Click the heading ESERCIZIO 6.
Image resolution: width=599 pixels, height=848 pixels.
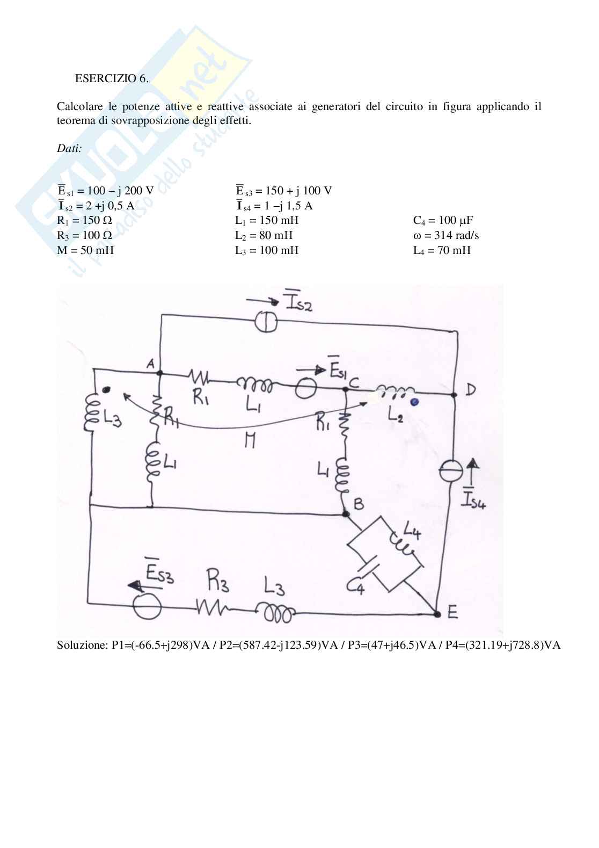point(111,78)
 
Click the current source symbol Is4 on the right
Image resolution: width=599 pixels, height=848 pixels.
point(454,471)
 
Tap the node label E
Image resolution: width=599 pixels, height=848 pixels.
point(452,613)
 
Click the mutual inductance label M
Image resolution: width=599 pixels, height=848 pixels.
point(249,441)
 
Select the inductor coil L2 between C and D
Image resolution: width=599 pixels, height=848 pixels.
point(395,390)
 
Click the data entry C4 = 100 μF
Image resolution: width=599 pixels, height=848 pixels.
point(443,220)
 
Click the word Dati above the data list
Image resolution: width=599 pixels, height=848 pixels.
point(69,148)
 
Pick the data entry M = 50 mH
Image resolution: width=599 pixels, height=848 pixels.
point(85,250)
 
